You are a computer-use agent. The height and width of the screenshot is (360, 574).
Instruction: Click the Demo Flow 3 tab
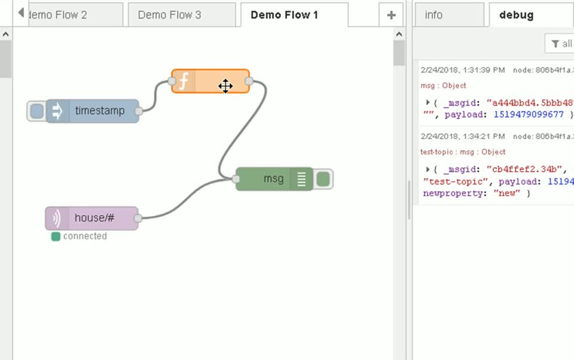[x=169, y=15]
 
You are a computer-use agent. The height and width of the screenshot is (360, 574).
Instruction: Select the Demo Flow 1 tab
[x=284, y=15]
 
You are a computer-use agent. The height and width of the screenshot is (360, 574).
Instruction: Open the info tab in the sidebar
[x=433, y=15]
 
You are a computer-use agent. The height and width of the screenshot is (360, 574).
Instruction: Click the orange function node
[x=210, y=81]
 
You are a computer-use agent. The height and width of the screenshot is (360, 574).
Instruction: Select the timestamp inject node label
[x=100, y=111]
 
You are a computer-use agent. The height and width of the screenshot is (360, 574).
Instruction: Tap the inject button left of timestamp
[x=36, y=111]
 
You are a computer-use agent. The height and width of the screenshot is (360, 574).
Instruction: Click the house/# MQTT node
[x=94, y=218]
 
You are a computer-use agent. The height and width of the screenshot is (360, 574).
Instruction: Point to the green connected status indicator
[x=56, y=237]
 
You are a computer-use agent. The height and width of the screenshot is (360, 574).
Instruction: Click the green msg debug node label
[x=273, y=179]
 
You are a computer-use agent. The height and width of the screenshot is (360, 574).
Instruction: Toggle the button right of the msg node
[x=323, y=179]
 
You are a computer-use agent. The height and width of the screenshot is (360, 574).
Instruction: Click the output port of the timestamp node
[x=139, y=111]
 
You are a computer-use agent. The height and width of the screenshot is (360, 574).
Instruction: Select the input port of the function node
[x=172, y=81]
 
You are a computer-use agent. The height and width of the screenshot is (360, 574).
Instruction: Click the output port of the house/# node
[x=138, y=219]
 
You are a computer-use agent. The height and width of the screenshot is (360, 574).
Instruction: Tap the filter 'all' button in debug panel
[x=561, y=44]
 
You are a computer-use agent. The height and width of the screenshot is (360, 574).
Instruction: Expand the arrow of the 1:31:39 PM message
[x=428, y=102]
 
